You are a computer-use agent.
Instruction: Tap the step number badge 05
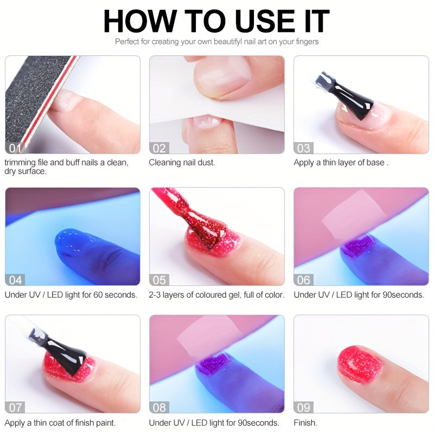point(160,280)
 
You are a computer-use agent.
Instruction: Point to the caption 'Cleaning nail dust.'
point(182,162)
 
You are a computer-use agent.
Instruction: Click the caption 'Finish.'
point(305,423)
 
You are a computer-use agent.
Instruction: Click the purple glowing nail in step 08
point(213,362)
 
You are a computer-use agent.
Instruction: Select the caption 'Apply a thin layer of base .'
point(341,162)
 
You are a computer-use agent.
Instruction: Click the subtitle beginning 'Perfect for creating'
point(216,41)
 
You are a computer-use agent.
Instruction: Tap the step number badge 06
point(304,280)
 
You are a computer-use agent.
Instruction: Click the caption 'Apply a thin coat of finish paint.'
point(60,423)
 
